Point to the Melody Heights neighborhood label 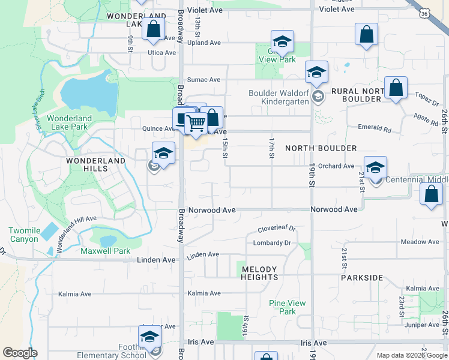click(x=259, y=273)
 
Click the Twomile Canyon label click(x=24, y=235)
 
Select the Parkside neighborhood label click(x=362, y=278)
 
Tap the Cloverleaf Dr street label click(x=277, y=229)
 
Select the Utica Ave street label click(x=161, y=53)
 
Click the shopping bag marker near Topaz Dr click(x=396, y=88)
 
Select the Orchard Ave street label click(x=336, y=166)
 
